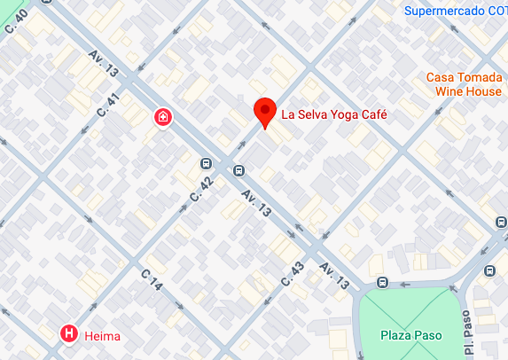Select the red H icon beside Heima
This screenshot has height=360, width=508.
68,334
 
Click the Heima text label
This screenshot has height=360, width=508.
102,336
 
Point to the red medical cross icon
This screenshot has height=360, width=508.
163,117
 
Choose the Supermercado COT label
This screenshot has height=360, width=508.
455,12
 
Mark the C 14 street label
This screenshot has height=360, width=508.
152,282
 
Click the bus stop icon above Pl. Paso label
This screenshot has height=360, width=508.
488,270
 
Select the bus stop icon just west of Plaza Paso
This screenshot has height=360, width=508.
382,283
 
